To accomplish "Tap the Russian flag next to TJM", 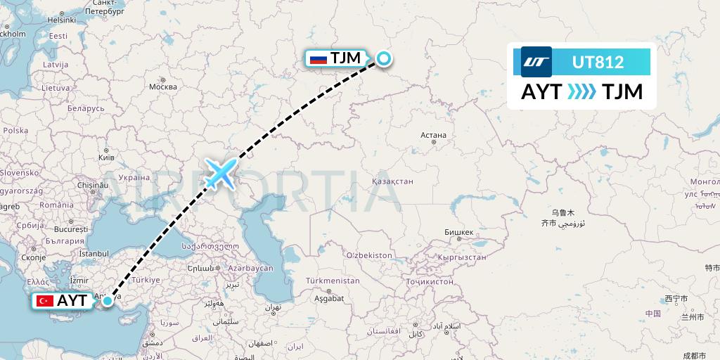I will click(319, 59).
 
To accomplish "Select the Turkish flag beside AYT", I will click(46, 301).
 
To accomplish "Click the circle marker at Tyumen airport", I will click(384, 59).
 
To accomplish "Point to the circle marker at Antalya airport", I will click(107, 301).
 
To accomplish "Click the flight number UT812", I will click(598, 63).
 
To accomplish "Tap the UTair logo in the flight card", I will click(536, 62).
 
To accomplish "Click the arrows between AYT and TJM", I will click(581, 92).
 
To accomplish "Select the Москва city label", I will click(163, 87).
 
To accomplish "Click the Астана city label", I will click(432, 135).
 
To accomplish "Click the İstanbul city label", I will click(94, 253).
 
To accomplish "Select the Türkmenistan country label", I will click(333, 281).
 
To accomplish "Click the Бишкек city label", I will click(459, 231).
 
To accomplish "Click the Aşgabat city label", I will click(328, 298).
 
